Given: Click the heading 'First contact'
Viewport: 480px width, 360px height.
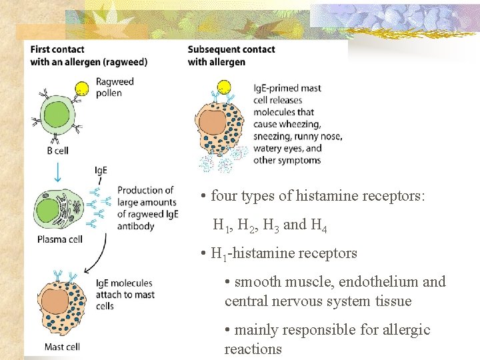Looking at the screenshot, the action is [57, 49].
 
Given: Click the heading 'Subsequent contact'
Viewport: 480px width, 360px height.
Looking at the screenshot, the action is [231, 49].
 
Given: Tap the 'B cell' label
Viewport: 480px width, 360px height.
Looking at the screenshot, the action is [57, 151].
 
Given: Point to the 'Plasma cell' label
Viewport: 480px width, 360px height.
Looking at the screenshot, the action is [60, 239].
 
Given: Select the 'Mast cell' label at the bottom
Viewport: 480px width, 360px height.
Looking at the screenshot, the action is [62, 347].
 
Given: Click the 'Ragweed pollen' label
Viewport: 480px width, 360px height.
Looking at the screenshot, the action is [115, 87].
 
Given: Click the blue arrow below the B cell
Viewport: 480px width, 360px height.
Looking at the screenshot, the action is [58, 173].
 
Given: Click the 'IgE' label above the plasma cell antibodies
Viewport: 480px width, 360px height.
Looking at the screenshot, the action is [101, 171].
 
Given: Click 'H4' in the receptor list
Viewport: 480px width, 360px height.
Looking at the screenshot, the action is [318, 225].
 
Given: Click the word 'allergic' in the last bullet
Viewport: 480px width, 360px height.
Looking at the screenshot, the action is [406, 330].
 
